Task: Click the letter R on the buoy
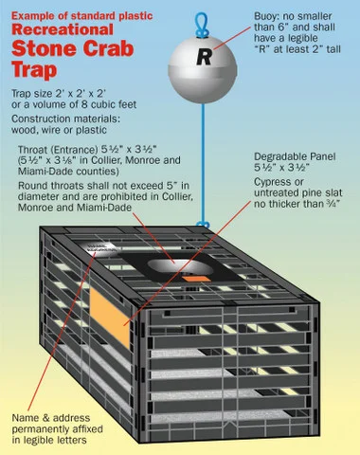204,57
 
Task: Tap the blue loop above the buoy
201,24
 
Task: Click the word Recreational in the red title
63,29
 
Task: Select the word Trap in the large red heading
34,70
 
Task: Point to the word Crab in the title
108,48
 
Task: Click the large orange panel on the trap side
110,318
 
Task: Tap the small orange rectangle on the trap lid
196,279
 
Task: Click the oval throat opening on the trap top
180,267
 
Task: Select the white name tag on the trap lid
98,247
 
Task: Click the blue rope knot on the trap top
203,225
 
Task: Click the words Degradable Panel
295,156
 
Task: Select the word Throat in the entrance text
32,149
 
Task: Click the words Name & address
51,418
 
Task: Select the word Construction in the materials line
41,118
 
